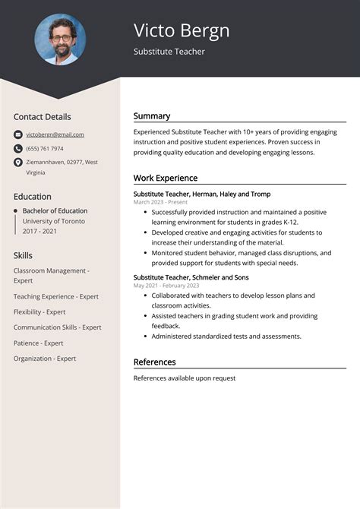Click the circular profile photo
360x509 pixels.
pos(60,40)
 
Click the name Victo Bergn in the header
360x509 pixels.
pos(182,30)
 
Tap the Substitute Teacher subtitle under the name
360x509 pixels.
pos(169,52)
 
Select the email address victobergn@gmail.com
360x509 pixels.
pos(55,134)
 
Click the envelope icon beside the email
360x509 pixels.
pos(18,134)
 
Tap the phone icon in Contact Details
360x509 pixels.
pos(18,149)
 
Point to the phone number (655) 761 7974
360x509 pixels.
pos(45,149)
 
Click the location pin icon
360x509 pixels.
pos(18,163)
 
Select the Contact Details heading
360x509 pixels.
pos(42,117)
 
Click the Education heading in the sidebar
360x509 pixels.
pos(33,196)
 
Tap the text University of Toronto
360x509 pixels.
pos(54,221)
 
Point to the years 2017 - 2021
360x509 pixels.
pos(40,231)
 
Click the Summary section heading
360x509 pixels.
pos(152,116)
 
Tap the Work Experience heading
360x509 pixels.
pos(166,178)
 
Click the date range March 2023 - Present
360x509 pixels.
pos(160,203)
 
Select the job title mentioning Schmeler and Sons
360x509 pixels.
pos(191,277)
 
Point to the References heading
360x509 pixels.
pos(155,362)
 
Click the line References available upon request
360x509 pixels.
pos(185,378)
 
